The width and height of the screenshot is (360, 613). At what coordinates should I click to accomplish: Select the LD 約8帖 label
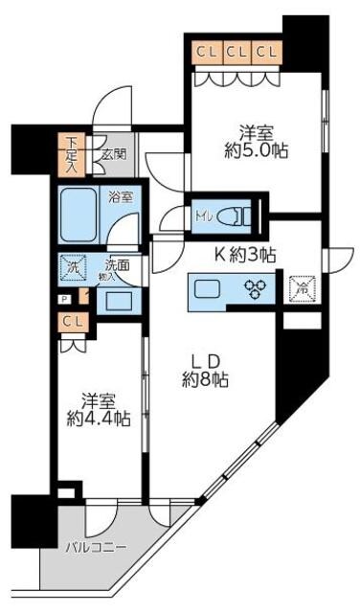pos(206,370)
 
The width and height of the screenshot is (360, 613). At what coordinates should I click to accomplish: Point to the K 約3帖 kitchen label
pos(244,255)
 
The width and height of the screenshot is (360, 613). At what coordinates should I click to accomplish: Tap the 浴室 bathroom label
pos(120,196)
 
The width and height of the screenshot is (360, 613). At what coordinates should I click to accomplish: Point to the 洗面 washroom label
pos(116,266)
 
